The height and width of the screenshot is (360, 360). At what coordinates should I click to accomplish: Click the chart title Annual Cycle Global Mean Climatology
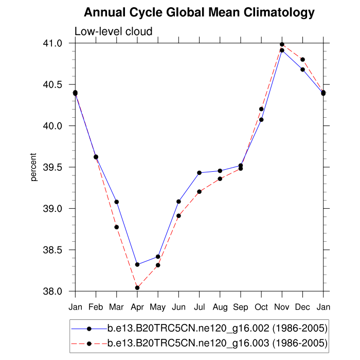click(x=199, y=12)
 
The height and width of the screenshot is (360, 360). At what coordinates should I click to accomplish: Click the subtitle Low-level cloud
click(x=114, y=31)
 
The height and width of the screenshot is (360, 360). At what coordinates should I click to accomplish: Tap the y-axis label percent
click(x=34, y=167)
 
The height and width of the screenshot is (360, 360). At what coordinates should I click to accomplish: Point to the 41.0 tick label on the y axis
click(x=58, y=43)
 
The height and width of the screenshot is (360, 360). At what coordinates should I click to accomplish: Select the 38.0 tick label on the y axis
click(x=58, y=292)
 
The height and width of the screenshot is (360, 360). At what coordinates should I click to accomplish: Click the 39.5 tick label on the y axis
click(x=58, y=167)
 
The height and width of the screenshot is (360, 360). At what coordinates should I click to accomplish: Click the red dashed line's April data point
click(x=137, y=288)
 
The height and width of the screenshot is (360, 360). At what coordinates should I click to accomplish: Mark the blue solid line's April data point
click(x=137, y=264)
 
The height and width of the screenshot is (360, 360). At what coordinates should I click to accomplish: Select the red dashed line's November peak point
click(x=282, y=44)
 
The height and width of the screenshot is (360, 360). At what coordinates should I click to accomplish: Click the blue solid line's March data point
click(x=117, y=202)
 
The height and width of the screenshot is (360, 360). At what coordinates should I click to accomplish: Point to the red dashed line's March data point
click(x=117, y=227)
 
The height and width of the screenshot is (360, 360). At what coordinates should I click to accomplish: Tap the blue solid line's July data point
click(x=199, y=173)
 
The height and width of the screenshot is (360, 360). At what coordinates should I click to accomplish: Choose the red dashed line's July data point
click(x=199, y=191)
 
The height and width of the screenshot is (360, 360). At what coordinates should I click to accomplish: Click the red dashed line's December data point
click(x=302, y=60)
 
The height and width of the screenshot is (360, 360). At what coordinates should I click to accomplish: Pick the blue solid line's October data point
click(x=261, y=119)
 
